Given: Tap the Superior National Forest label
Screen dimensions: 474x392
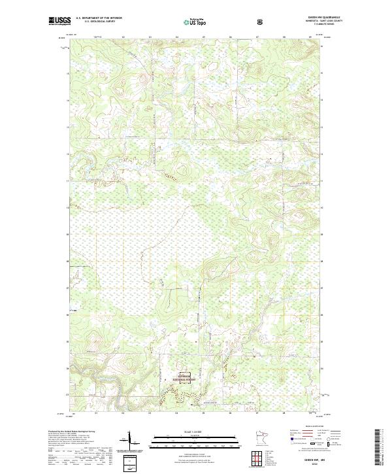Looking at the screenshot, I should click(188, 377).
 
